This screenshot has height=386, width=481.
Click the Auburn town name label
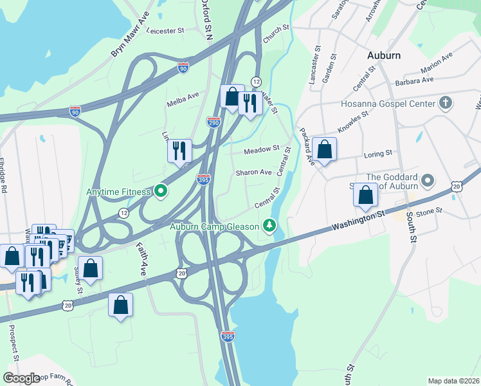pos(384,55)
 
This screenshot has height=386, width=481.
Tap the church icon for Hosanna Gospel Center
pos(444,103)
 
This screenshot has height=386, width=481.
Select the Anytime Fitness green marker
pos(161,191)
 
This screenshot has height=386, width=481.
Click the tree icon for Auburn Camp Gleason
pos(270,226)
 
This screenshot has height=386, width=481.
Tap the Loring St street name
pos(379,154)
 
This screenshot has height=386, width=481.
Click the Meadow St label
pos(262,151)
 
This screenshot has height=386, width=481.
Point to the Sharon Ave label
pos(253,172)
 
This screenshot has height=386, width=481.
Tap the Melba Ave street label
pos(183,97)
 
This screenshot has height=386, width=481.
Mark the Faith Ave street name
pos(141,260)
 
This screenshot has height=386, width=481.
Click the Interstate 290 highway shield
pos(213,122)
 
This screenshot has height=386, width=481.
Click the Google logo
pos(21,378)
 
